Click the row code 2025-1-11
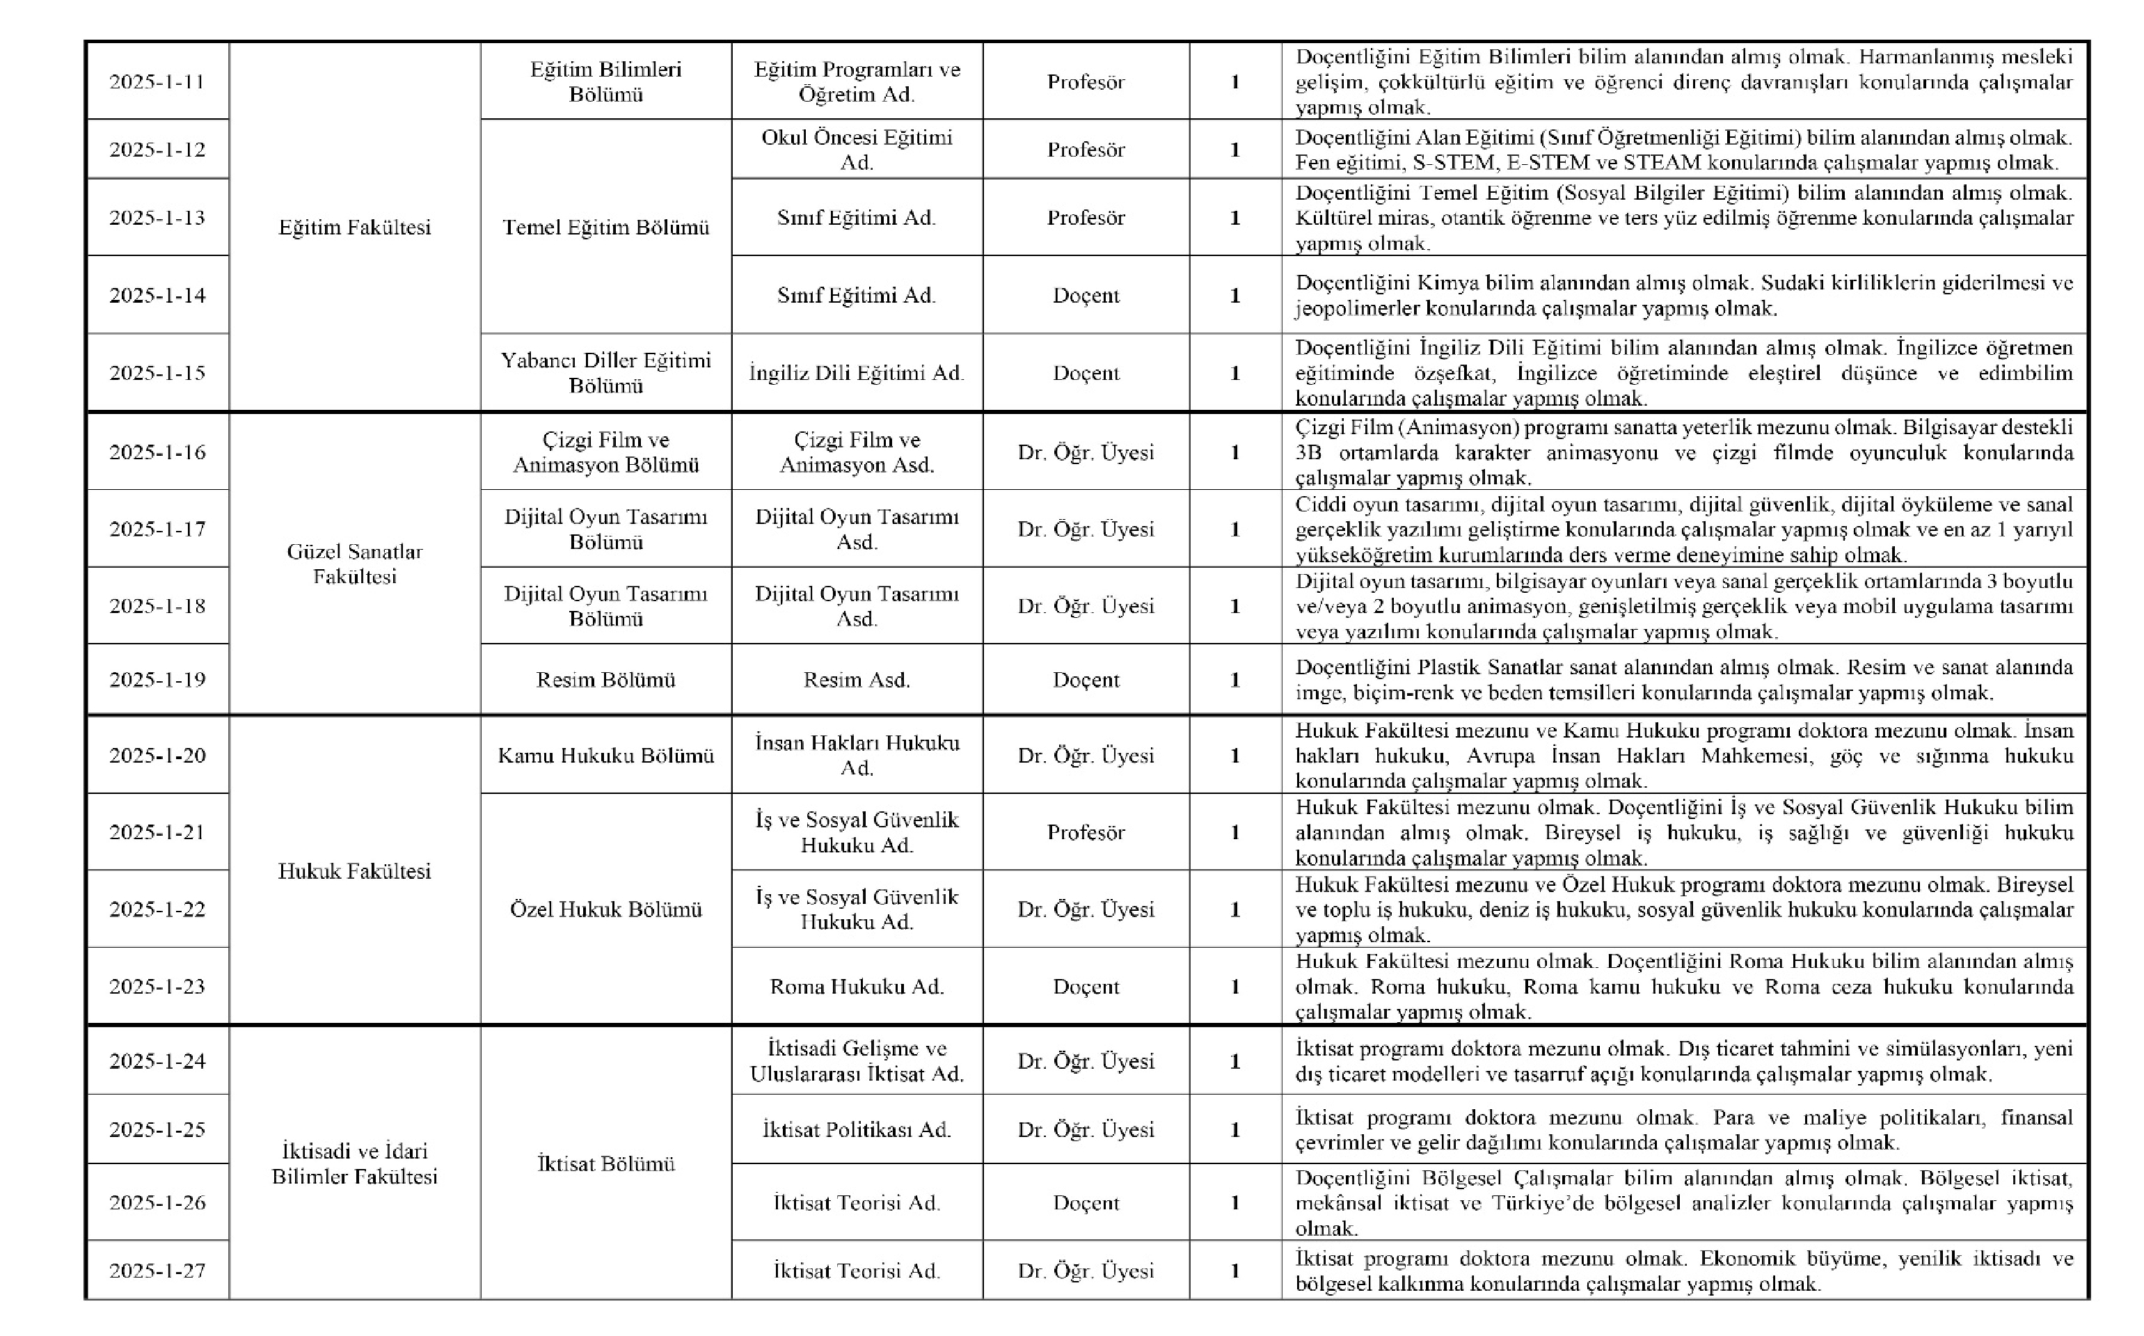157,82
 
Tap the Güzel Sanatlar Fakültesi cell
354,564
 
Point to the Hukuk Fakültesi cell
354,871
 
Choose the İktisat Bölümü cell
606,1163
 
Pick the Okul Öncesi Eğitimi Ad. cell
857,150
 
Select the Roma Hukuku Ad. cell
857,986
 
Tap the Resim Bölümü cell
606,680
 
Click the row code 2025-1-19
157,680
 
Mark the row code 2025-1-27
157,1271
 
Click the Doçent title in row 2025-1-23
1086,986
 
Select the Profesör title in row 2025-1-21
1086,832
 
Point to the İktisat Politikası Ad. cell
857,1129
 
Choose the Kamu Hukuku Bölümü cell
606,756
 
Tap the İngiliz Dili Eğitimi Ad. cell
857,373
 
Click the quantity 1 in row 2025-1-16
1235,452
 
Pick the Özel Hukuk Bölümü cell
606,909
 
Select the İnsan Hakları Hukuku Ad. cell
857,756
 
